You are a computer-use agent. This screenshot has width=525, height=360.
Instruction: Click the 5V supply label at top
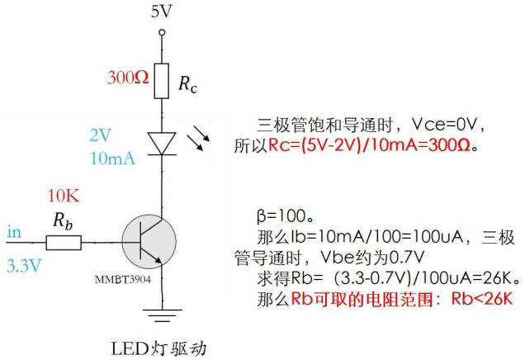point(162,12)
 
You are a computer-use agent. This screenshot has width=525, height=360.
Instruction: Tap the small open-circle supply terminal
point(162,32)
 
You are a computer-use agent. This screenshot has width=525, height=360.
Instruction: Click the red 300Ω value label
point(128,78)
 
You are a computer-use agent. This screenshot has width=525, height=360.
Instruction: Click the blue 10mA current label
point(111,158)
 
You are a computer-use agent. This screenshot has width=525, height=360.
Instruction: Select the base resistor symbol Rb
point(64,242)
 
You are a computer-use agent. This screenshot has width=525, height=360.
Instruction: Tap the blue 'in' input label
point(13,232)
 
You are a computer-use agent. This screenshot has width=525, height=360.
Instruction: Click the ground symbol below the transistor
point(162,312)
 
